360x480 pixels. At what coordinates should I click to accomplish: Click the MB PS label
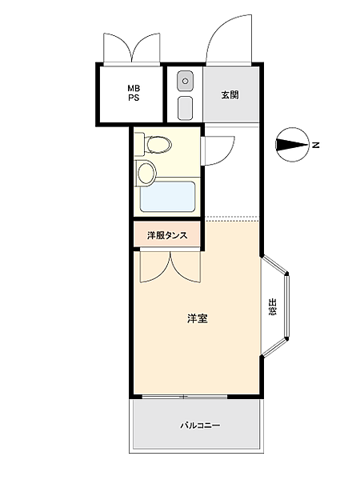point(132,93)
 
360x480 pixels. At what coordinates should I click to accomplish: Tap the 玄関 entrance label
point(230,94)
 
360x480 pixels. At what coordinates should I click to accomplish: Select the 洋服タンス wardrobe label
point(167,235)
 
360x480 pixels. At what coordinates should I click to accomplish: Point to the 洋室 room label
point(198,318)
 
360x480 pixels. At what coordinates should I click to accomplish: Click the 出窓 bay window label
point(272,307)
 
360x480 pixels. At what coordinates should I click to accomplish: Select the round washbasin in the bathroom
point(146,171)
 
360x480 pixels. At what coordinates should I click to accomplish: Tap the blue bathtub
point(168,196)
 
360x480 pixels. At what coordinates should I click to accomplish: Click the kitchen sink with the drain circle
point(185,81)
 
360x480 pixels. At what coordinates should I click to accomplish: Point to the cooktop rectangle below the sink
point(185,106)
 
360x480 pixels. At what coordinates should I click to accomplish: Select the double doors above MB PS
point(132,48)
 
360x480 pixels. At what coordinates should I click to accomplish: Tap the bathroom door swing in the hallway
point(218,150)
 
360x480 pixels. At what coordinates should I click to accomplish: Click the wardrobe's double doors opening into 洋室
point(167,266)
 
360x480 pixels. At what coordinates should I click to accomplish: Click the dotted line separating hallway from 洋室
point(232,218)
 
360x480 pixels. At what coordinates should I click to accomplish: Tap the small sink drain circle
point(185,81)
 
